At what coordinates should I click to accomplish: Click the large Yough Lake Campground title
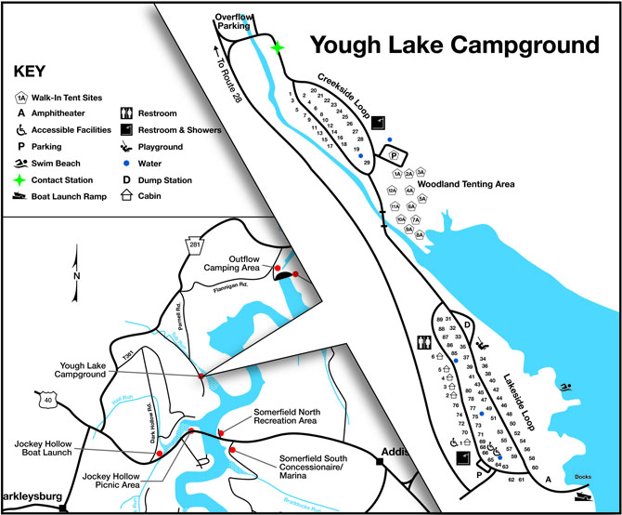[454, 46]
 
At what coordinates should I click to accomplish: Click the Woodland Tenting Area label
[478, 184]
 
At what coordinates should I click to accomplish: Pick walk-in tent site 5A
[422, 198]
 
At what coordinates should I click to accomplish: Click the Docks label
[583, 477]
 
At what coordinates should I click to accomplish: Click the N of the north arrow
[77, 275]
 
